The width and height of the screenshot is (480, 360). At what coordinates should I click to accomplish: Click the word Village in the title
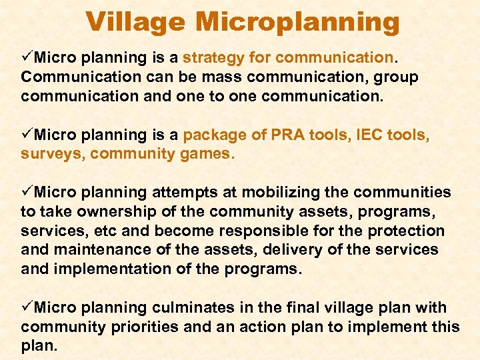pyautogui.click(x=136, y=22)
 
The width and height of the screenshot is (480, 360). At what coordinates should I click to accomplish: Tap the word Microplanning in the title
pyautogui.click(x=297, y=23)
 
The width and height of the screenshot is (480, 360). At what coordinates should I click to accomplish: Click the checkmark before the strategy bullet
pyautogui.click(x=27, y=57)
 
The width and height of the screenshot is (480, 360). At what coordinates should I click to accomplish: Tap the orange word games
pyautogui.click(x=209, y=155)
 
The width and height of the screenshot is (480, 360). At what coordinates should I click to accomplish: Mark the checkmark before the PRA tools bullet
pyautogui.click(x=27, y=135)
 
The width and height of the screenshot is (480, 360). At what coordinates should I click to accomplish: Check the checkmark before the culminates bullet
pyautogui.click(x=27, y=308)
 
